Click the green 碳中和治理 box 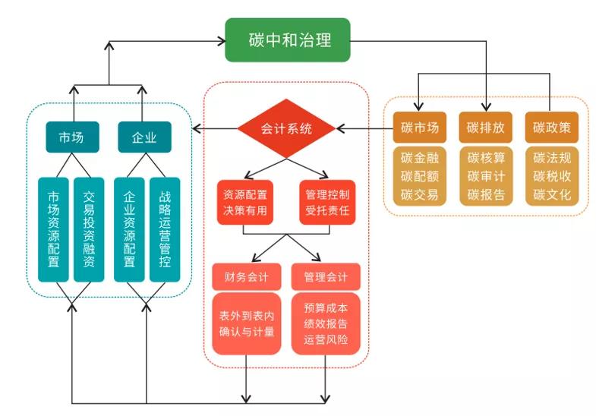click(289, 39)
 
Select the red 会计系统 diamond click(285, 128)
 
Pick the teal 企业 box click(144, 137)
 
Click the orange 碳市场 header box click(420, 128)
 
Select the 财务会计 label click(244, 276)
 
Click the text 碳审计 click(486, 176)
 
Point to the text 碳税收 click(552, 176)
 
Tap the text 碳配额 click(420, 176)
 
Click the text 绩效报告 click(326, 324)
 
